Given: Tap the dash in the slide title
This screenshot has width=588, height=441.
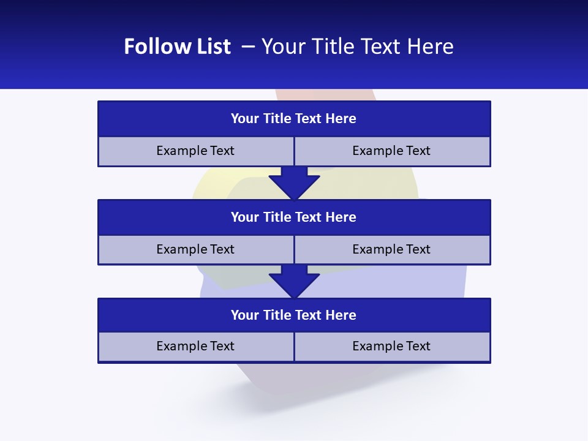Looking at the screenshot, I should [x=248, y=47].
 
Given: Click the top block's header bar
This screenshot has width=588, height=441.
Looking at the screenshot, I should [x=294, y=118].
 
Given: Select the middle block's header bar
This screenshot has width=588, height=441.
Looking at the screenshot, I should [x=294, y=217].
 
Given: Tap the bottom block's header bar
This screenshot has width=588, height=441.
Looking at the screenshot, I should [x=294, y=315].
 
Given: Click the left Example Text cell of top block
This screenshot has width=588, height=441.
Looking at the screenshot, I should [x=195, y=151].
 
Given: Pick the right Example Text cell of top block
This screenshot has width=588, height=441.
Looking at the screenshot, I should [x=392, y=151].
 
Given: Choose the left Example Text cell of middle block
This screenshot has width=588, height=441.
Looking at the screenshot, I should [x=195, y=249].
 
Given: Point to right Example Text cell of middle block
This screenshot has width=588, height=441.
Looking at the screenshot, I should [x=392, y=249].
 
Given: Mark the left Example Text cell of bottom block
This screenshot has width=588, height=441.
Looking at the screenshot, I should [x=195, y=346].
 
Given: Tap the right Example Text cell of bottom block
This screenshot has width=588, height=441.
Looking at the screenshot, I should [x=392, y=346].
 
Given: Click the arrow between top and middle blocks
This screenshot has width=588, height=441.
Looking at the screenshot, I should [x=294, y=183].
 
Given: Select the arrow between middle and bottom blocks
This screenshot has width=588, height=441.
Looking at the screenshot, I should [x=294, y=281].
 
